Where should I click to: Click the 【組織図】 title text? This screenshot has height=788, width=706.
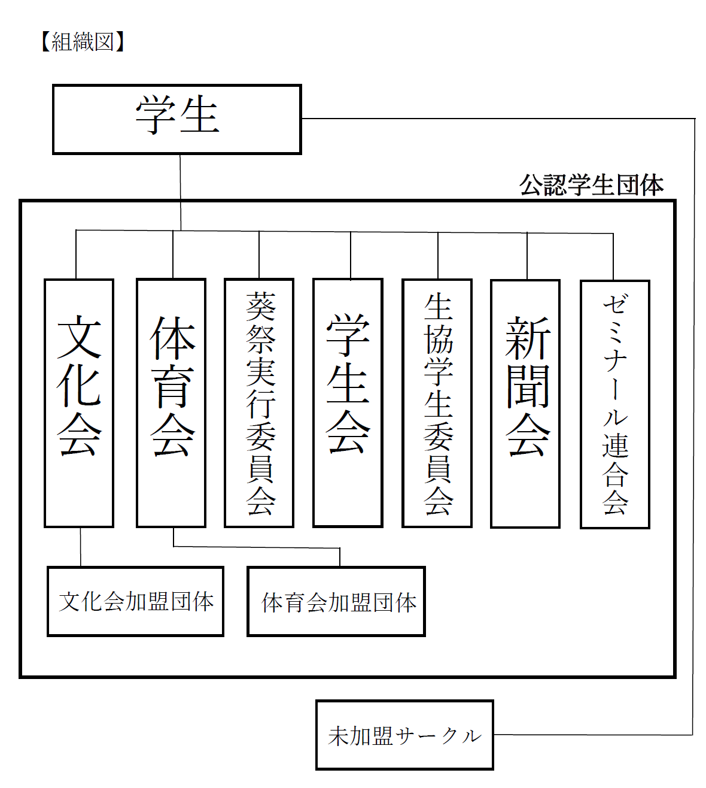point(83,42)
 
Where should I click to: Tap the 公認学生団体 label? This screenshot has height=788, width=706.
point(591,185)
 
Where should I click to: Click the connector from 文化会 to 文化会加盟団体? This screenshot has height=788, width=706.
point(81,547)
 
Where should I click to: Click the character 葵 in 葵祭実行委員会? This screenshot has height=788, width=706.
point(260,307)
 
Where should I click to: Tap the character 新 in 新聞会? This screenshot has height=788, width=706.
point(527,338)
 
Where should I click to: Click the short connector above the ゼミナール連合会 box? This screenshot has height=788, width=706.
point(613,257)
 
